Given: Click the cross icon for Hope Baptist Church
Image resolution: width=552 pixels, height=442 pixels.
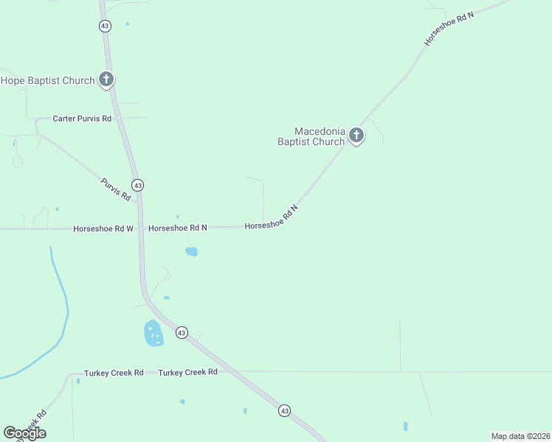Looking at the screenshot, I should [106, 79].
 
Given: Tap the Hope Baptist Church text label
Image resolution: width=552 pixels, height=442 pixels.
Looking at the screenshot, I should [48, 80].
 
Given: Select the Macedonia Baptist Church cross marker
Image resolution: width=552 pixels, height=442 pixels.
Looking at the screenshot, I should [356, 135].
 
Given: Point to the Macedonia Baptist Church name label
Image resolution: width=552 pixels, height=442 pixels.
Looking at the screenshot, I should [311, 136].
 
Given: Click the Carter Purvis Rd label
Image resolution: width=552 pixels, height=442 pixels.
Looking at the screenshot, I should [82, 118].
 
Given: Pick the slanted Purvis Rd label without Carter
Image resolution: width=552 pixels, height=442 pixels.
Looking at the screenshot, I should [116, 189].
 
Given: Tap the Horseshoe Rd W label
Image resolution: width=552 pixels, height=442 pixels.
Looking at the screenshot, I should [103, 228].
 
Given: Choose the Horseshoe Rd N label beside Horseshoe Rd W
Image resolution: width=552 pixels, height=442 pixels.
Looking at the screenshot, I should [177, 228].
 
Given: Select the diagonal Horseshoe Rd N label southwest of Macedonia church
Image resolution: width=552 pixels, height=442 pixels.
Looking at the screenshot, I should [272, 217].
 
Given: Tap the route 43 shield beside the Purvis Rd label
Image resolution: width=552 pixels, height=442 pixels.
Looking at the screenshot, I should [137, 184].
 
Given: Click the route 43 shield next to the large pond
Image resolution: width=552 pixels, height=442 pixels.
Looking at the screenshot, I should [182, 333].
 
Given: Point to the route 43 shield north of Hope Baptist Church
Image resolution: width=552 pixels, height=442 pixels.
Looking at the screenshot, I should [105, 26].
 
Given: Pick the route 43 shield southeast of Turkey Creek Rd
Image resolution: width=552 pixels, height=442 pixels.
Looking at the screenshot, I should [284, 410].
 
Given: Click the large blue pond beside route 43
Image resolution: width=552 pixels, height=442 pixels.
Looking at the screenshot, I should [153, 334].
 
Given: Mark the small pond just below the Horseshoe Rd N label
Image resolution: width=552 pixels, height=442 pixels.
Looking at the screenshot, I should [191, 251].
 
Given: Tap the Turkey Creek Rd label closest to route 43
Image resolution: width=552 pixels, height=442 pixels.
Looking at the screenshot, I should [187, 372].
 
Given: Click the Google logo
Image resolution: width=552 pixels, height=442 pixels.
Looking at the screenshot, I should [24, 433].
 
